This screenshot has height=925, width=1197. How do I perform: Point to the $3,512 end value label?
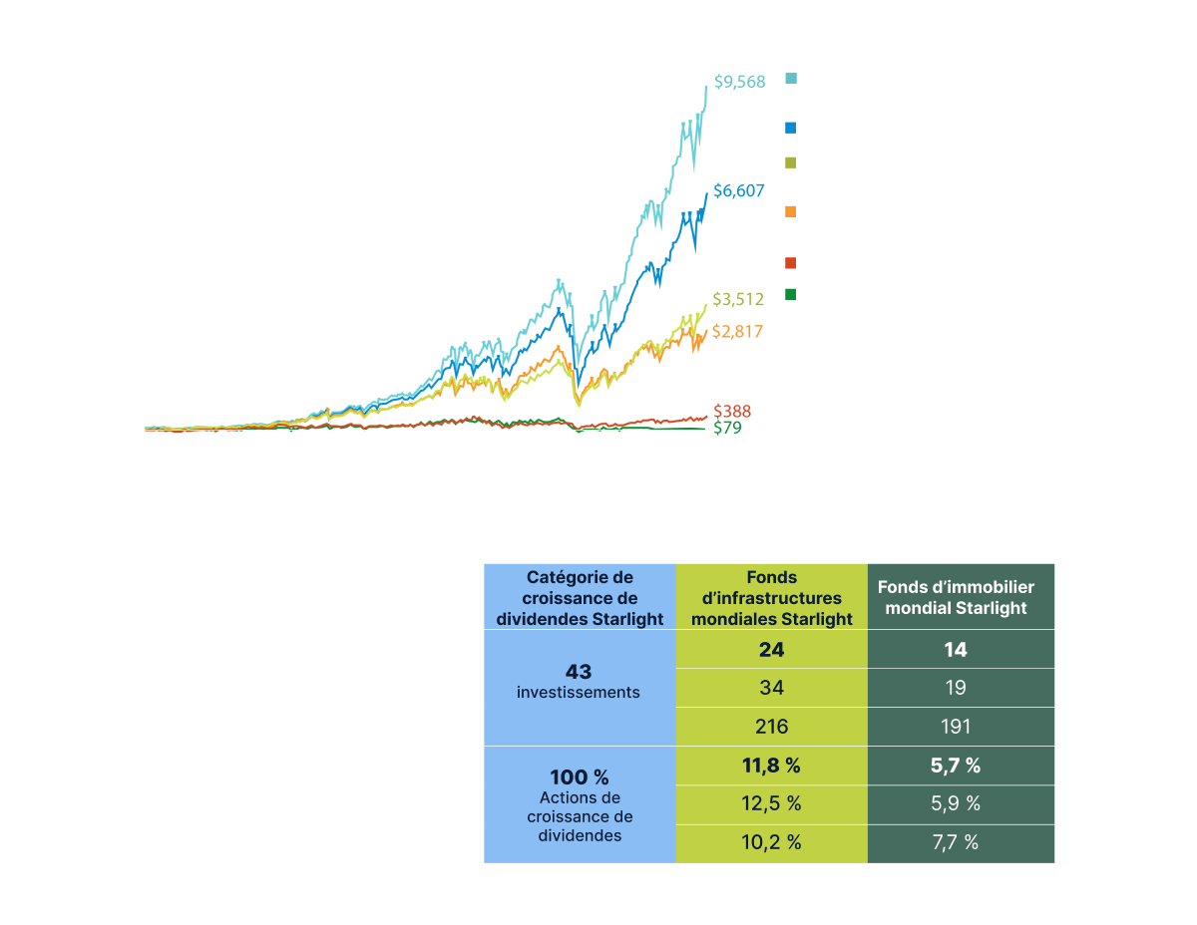[737, 298]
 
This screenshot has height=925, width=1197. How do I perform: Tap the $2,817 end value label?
[737, 331]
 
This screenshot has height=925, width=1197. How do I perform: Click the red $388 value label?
[732, 411]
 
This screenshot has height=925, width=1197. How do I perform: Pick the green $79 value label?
[726, 429]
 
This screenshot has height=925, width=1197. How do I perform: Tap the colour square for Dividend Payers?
[790, 129]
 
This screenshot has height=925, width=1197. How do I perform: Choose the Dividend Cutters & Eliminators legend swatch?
[790, 296]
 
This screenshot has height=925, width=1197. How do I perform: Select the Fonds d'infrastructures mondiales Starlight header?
[772, 598]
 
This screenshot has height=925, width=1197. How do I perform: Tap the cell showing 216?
[772, 727]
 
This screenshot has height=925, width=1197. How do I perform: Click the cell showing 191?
[956, 727]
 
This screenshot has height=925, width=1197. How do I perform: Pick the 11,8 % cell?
[772, 766]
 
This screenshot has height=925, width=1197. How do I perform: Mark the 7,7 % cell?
[956, 843]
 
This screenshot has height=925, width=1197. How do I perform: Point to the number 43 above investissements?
[579, 672]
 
